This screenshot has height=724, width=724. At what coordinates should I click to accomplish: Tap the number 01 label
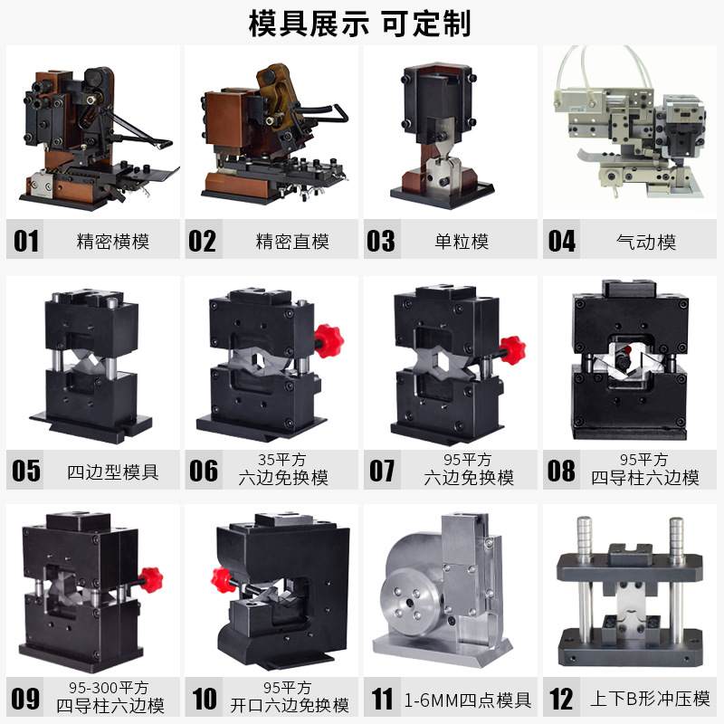[26, 241]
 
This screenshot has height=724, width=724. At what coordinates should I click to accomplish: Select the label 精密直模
[292, 242]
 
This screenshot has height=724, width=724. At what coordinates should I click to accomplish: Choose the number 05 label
[26, 472]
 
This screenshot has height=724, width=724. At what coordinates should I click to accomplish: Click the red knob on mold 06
[328, 338]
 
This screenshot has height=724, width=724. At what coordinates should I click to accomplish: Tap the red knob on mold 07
[511, 349]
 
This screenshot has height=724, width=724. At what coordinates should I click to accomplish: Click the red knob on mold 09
[150, 576]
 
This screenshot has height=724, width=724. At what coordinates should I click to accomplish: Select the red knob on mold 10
[222, 579]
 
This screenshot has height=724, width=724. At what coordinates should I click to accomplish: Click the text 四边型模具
[113, 472]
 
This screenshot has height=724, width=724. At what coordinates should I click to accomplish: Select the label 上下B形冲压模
[650, 700]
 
